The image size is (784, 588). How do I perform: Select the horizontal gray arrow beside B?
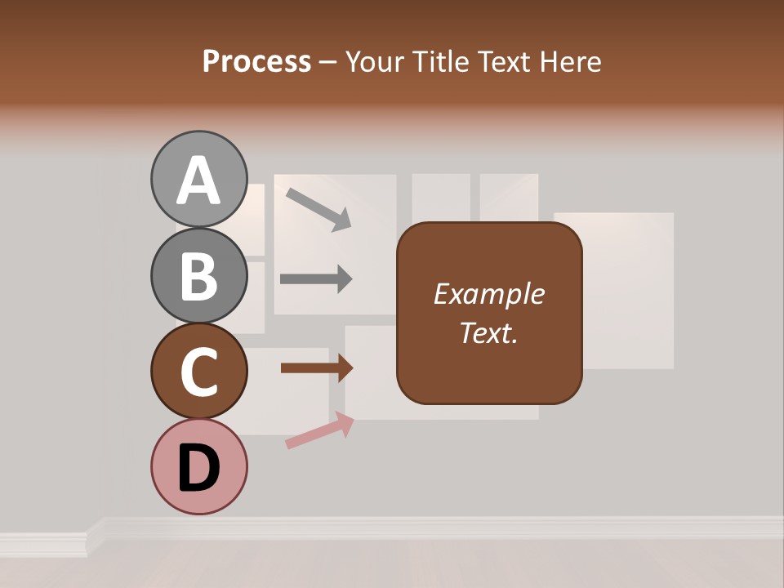pyautogui.click(x=316, y=279)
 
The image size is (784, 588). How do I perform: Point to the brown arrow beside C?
pyautogui.click(x=317, y=368)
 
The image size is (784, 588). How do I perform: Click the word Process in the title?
pyautogui.click(x=256, y=61)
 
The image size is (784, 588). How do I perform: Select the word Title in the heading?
pyautogui.click(x=440, y=61)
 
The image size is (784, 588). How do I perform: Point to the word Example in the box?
pyautogui.click(x=488, y=294)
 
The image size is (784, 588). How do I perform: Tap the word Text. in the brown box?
pyautogui.click(x=488, y=332)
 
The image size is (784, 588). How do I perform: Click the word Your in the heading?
pyautogui.click(x=376, y=61)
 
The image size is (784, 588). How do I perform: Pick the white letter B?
pyautogui.click(x=199, y=276)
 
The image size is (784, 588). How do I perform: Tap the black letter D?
pyautogui.click(x=199, y=468)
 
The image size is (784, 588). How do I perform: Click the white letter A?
pyautogui.click(x=199, y=180)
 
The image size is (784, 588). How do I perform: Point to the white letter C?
pyautogui.click(x=199, y=372)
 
